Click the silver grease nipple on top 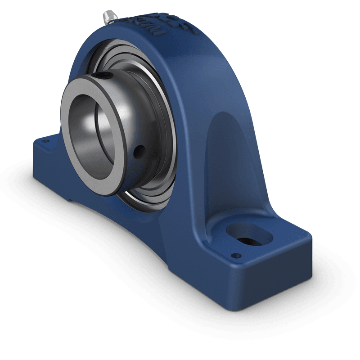[108, 17]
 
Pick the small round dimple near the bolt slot [234, 256]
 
